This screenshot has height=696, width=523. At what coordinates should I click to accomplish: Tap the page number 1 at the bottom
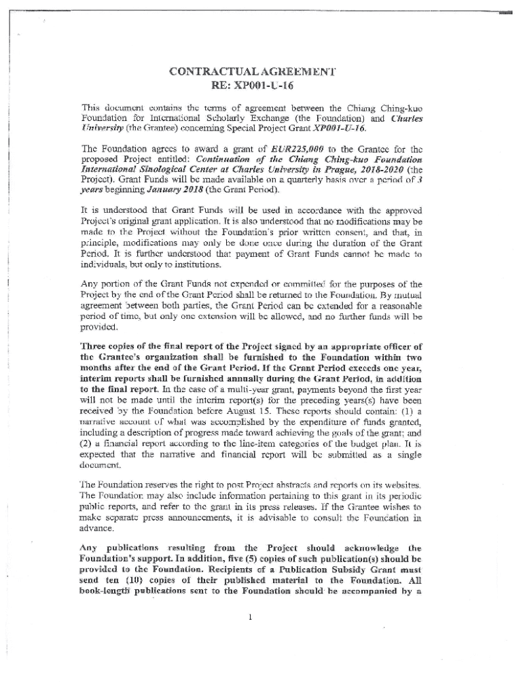coord(251,618)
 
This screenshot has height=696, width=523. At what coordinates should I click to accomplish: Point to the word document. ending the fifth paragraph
coord(103,465)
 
